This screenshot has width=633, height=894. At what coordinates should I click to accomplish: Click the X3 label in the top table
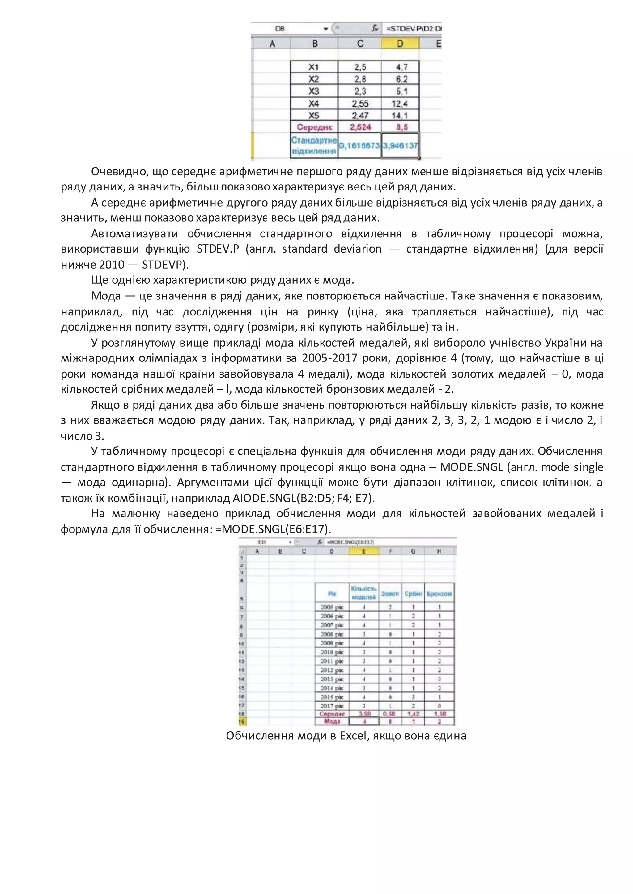click(314, 91)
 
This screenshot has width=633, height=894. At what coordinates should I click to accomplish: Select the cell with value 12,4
click(400, 104)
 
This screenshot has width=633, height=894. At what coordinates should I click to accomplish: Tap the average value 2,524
click(360, 127)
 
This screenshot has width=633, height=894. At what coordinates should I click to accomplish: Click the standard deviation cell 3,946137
click(400, 146)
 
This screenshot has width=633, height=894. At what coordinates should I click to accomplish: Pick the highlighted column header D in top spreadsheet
click(400, 44)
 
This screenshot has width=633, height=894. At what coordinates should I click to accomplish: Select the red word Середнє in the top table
click(314, 127)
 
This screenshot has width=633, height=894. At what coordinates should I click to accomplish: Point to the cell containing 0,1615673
click(359, 146)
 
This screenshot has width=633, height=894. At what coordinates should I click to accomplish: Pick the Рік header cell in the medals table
click(332, 594)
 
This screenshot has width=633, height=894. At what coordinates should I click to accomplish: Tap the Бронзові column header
click(439, 594)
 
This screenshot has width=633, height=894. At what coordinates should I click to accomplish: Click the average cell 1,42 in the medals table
click(413, 714)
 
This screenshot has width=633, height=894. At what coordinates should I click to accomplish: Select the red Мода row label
click(332, 721)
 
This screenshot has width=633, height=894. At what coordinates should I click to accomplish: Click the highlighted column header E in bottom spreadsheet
click(364, 551)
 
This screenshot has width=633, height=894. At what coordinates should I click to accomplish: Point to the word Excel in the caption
click(354, 736)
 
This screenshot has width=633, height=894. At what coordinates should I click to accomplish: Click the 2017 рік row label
click(332, 706)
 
